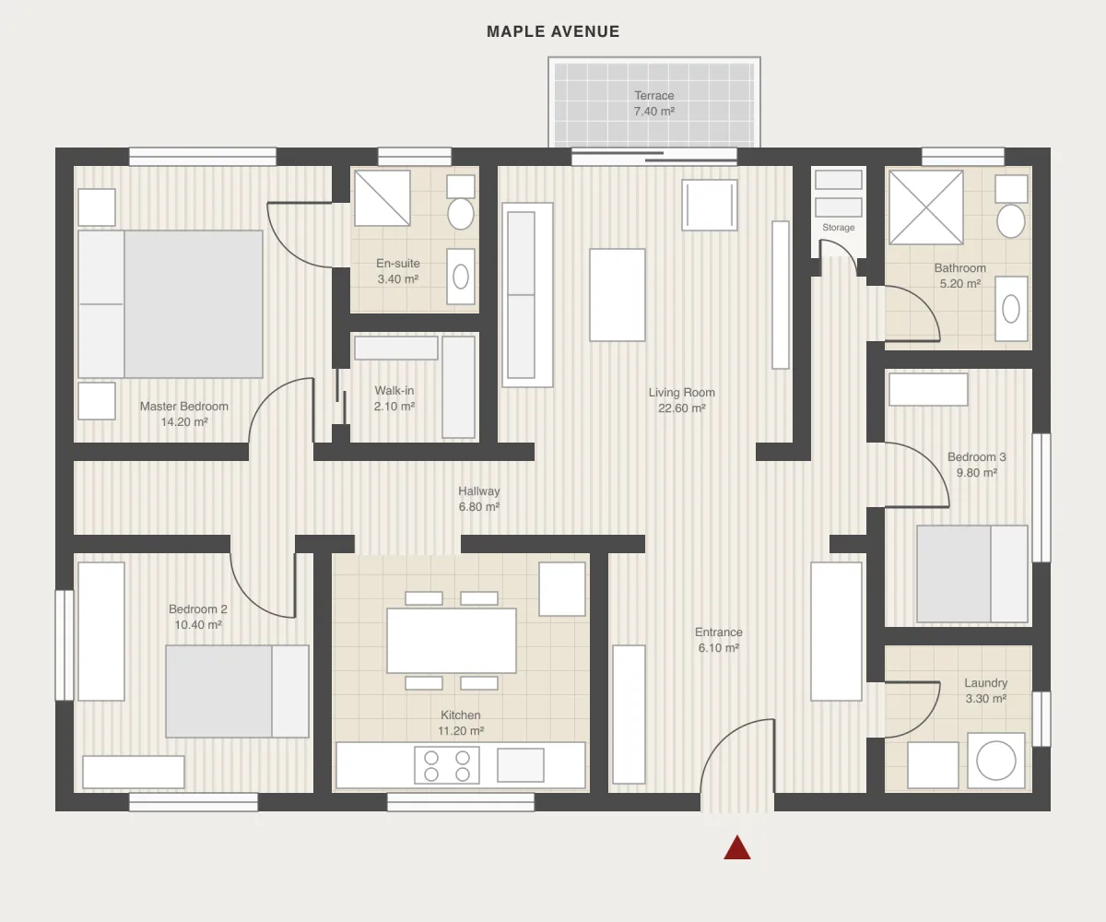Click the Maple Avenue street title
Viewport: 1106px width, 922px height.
tap(553, 31)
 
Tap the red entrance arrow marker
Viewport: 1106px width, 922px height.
tap(736, 847)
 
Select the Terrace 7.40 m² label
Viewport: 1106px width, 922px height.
tap(654, 103)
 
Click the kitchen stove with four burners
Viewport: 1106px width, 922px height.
tap(446, 765)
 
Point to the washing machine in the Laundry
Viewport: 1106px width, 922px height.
tap(995, 761)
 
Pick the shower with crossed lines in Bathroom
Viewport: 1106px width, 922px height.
tap(926, 207)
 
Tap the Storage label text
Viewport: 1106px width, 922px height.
tap(838, 228)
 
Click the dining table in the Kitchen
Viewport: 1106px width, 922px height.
tap(452, 641)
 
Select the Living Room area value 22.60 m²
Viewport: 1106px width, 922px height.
tap(682, 408)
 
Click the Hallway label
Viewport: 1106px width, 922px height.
tap(479, 491)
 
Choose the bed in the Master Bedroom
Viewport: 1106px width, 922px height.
tap(170, 304)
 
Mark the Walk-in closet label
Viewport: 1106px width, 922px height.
tap(394, 391)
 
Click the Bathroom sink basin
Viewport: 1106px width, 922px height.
tap(1011, 308)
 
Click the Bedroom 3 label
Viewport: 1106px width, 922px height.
tap(976, 456)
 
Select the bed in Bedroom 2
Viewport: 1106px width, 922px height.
tap(237, 691)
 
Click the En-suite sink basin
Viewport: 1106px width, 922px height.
tap(460, 277)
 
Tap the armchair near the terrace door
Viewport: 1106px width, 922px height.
tap(710, 205)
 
